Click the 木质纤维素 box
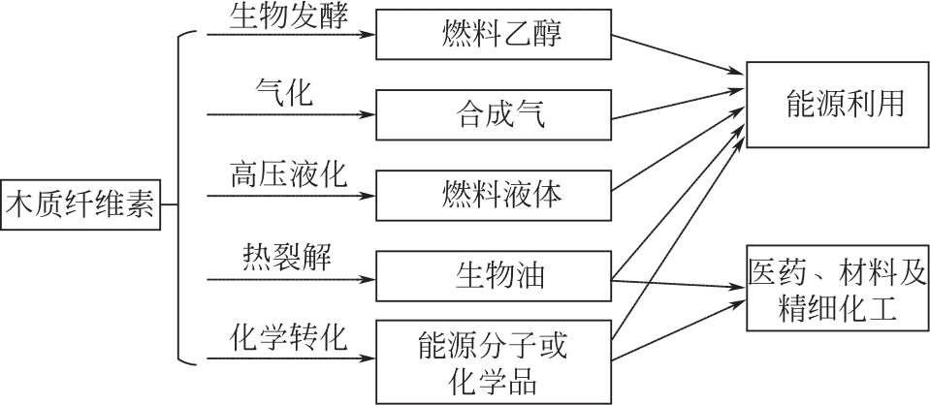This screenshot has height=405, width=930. point(80,204)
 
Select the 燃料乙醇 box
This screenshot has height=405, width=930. point(494,35)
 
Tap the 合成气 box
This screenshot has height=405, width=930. point(494,116)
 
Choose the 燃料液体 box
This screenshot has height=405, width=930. point(494,197)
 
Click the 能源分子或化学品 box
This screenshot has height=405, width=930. point(494,360)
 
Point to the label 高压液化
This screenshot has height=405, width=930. point(288,176)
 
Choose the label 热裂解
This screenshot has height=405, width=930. point(287,258)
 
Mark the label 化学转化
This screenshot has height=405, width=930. point(288,338)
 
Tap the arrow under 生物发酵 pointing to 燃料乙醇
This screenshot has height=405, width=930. point(291,35)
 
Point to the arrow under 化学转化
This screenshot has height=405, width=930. point(291,359)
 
